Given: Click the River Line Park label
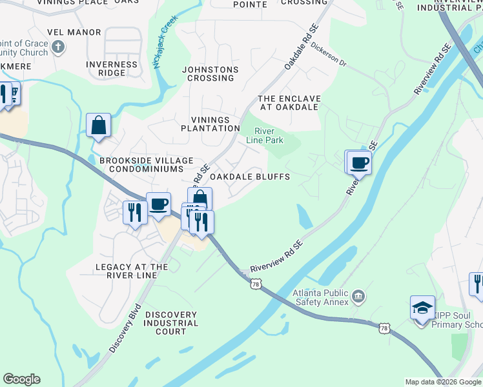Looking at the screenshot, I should tap(265, 135).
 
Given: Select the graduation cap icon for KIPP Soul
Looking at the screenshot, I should tap(422, 307).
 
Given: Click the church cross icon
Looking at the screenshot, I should tap(57, 46).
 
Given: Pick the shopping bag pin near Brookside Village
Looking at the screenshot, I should tap(98, 125).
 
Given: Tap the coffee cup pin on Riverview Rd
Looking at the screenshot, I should tap(359, 163).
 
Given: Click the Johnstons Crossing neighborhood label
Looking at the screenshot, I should tap(210, 74).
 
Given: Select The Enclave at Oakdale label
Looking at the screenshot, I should tap(289, 103).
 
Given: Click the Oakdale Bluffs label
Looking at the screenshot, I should tap(250, 177).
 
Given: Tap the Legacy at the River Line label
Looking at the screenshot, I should tap(132, 271).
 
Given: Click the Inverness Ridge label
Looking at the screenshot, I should tap(112, 68).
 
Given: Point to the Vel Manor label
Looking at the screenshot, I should tap(74, 32).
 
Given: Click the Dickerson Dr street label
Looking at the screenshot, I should tap(328, 56).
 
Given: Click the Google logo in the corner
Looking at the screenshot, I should tap(21, 379).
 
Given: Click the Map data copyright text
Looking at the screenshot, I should tap(443, 382).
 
